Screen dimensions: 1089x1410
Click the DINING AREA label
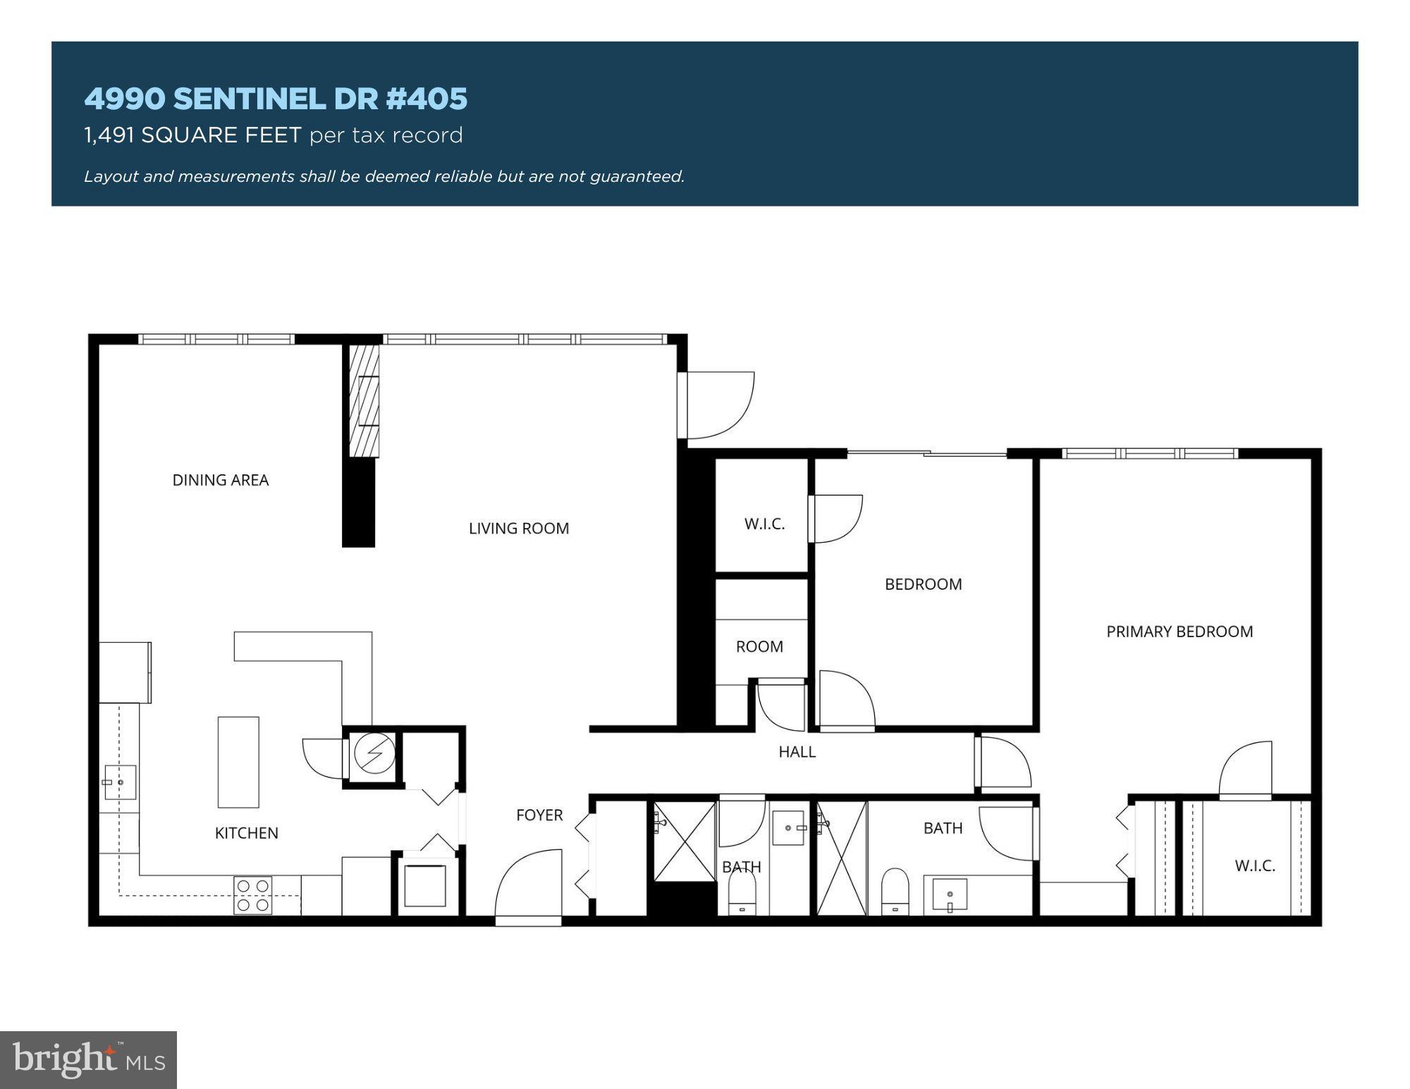click(221, 480)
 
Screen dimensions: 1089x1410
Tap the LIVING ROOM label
click(519, 528)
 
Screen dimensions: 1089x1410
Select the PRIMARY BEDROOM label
click(1179, 632)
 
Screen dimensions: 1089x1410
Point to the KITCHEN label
click(247, 833)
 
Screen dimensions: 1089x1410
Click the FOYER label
click(539, 815)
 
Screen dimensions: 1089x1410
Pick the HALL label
click(797, 752)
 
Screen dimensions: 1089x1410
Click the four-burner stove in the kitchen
click(253, 895)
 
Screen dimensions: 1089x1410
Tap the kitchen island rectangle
click(238, 762)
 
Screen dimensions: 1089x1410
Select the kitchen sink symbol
click(120, 782)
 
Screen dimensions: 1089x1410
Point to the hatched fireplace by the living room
click(364, 401)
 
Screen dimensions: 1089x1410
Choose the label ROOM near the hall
click(759, 646)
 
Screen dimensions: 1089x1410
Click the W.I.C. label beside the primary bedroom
click(1255, 866)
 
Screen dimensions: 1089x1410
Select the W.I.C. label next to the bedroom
click(764, 524)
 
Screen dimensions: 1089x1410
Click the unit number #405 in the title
click(427, 99)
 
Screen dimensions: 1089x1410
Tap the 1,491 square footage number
click(109, 135)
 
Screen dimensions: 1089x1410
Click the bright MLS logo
click(88, 1059)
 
